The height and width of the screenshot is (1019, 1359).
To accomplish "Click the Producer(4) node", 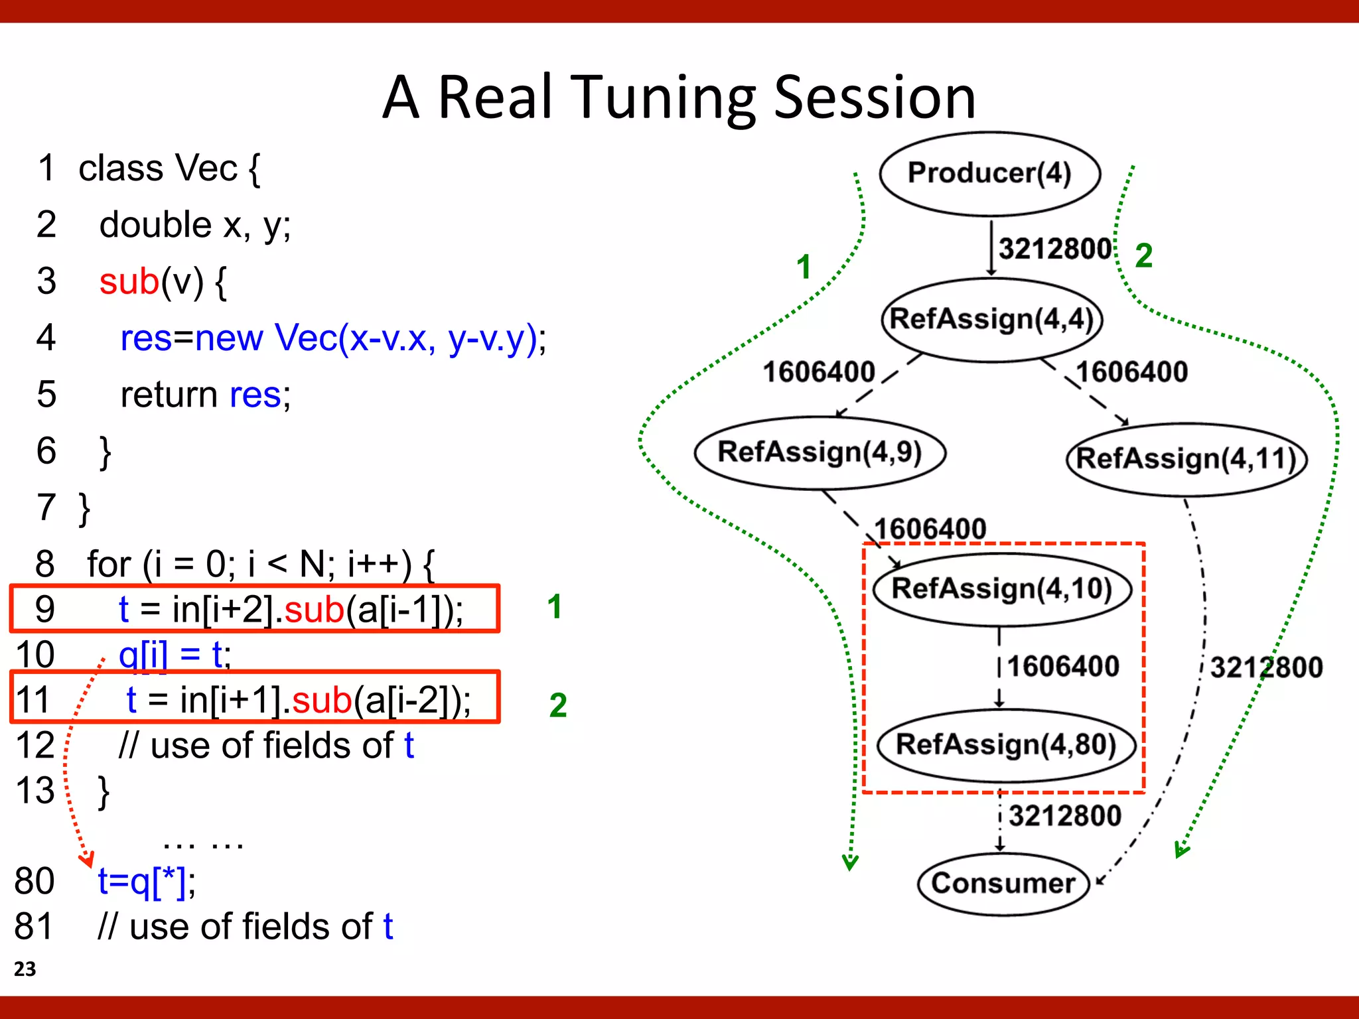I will [989, 173].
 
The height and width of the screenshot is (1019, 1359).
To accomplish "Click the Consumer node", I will [1003, 883].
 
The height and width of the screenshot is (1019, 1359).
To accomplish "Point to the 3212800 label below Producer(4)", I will [1055, 249].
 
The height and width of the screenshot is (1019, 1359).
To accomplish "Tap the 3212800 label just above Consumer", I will [1064, 815].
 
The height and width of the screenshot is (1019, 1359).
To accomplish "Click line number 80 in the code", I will [35, 881].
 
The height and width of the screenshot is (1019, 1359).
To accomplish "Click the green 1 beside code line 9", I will [555, 606].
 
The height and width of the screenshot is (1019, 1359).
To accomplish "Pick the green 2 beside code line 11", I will [558, 705].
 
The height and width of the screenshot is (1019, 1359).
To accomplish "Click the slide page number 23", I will [25, 969].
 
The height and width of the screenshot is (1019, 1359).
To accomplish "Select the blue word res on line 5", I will [255, 395].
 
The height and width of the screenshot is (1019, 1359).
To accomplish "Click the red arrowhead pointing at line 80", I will [87, 860].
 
